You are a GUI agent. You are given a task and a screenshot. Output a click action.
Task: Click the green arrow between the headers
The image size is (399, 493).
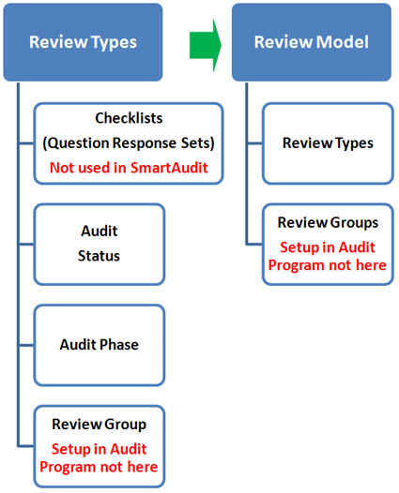(x=206, y=45)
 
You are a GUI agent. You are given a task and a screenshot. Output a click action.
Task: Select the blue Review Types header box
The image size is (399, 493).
(x=83, y=42)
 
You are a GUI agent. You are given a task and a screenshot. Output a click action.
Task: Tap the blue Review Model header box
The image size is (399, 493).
(x=312, y=42)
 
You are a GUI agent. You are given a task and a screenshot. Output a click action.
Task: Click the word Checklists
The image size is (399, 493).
(x=129, y=118)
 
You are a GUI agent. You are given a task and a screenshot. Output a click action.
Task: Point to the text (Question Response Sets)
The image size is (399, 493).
(x=129, y=142)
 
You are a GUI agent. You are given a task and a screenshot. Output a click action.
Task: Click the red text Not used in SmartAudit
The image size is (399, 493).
(x=129, y=168)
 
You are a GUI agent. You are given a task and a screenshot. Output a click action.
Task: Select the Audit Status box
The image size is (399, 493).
(x=100, y=245)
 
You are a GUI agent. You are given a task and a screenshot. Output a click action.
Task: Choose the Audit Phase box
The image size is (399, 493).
(x=100, y=345)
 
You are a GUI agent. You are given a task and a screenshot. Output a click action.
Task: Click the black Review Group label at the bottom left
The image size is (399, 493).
(x=100, y=425)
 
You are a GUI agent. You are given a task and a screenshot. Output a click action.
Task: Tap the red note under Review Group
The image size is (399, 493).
(x=99, y=457)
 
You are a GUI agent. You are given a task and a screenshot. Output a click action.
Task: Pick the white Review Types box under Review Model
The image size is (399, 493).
(x=328, y=143)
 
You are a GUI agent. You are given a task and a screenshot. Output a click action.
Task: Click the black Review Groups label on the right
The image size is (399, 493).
(x=328, y=223)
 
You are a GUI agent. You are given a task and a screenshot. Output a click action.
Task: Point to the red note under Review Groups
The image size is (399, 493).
(x=328, y=256)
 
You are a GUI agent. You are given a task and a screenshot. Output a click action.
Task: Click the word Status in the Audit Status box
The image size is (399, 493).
(x=99, y=256)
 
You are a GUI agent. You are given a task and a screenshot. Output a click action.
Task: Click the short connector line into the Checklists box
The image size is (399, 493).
(x=26, y=143)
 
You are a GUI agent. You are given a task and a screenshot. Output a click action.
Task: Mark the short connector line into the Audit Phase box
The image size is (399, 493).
(x=26, y=345)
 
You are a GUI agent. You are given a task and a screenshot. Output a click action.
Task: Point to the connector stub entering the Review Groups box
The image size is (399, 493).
(x=254, y=244)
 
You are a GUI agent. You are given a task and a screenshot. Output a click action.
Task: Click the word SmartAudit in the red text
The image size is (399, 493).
(x=169, y=168)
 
